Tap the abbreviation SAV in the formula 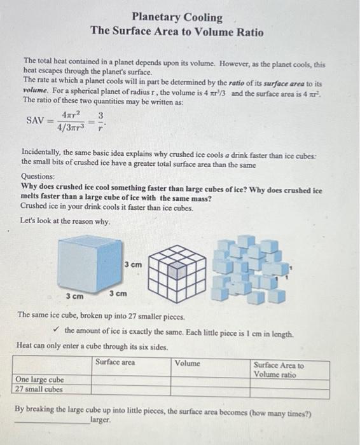click(x=36, y=120)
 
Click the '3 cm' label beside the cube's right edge click(x=133, y=264)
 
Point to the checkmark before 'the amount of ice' click(x=57, y=330)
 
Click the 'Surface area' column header click(x=115, y=362)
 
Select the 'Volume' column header click(x=188, y=364)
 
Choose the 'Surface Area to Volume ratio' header click(x=279, y=370)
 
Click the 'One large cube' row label click(x=39, y=380)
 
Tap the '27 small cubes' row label click(x=39, y=389)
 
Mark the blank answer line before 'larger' click(x=51, y=422)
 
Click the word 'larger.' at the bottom click(x=101, y=421)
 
